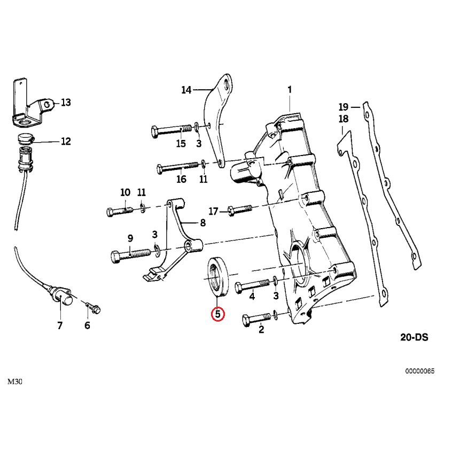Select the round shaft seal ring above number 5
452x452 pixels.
click(219, 275)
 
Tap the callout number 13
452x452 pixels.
click(66, 102)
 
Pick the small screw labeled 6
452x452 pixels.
click(95, 308)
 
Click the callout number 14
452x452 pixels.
click(186, 90)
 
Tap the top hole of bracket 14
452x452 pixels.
click(227, 85)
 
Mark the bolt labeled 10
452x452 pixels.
click(120, 211)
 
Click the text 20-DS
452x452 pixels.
click(414, 338)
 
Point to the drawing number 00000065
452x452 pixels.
click(419, 370)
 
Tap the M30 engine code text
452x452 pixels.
click(14, 381)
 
